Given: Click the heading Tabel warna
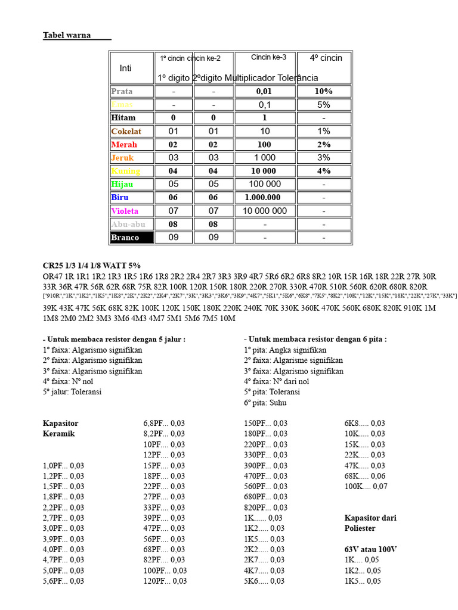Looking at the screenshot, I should [67, 35].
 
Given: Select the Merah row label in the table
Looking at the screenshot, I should [124, 145].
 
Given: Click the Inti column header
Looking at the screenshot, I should [125, 69].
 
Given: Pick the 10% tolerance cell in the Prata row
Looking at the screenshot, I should [324, 92].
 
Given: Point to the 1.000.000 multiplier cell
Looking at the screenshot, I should [264, 198].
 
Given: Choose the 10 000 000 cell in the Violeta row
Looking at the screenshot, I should [264, 211].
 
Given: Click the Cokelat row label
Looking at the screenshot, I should [126, 132].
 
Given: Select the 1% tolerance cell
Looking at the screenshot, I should [324, 132].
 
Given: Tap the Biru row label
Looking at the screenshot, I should [120, 198].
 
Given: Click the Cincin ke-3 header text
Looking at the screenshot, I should [268, 58].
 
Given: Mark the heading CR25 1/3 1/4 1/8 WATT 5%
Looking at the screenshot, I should [92, 266].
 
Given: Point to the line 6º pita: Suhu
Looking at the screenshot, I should [265, 403].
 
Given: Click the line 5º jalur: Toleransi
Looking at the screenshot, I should [72, 392].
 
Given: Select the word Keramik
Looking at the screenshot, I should [58, 434].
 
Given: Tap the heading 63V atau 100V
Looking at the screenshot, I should [370, 549].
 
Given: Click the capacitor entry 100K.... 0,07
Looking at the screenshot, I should [366, 487].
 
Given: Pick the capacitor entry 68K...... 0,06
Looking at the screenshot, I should [365, 476].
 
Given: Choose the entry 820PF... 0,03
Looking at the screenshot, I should [265, 508].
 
